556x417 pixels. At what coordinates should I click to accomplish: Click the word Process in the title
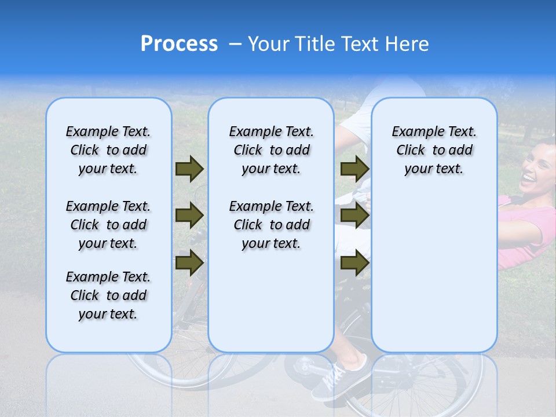(179, 44)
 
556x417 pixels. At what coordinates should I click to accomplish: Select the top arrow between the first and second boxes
(189, 169)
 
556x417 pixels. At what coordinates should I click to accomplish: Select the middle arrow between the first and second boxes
(189, 215)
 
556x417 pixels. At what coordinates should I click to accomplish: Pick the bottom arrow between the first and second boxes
(189, 262)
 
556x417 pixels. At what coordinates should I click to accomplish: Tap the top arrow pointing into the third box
(354, 169)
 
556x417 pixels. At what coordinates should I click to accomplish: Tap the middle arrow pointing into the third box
(354, 215)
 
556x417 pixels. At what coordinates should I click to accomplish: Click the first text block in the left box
(108, 150)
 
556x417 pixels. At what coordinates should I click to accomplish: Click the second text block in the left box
(108, 225)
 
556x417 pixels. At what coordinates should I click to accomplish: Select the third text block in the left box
(108, 295)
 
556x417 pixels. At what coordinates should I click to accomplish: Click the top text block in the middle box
(271, 150)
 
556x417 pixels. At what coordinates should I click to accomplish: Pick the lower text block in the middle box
(271, 225)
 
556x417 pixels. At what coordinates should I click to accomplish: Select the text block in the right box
(434, 150)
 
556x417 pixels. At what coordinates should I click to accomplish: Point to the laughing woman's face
(537, 168)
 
